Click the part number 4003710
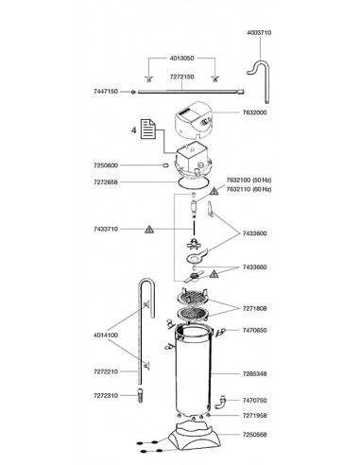point(259,32)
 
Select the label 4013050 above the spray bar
point(182,59)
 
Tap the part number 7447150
point(106,92)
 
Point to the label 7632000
point(254,112)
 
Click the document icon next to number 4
point(148,129)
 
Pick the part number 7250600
point(106,165)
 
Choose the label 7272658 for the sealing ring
point(106,182)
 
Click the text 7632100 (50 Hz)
point(249,181)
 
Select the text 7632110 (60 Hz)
point(249,189)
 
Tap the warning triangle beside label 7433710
point(149,230)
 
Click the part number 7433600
point(254,233)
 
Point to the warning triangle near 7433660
point(214,273)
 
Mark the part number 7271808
point(254,308)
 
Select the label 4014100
point(106,336)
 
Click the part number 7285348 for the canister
point(254,374)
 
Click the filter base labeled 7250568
point(195,437)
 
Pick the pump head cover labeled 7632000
point(194,121)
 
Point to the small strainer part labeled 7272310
point(140,396)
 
